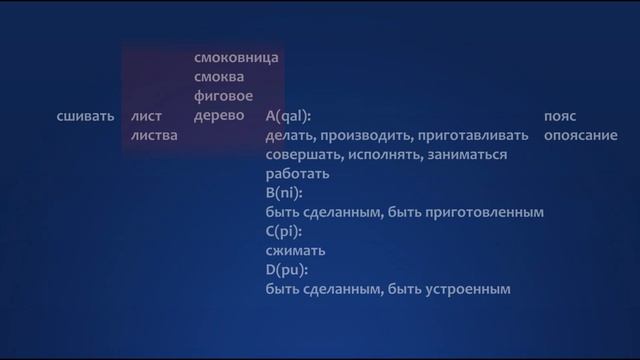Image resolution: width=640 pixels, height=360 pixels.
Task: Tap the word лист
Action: tap(146, 117)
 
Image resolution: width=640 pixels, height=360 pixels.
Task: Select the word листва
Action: tap(154, 136)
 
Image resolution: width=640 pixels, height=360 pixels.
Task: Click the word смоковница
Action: tap(237, 57)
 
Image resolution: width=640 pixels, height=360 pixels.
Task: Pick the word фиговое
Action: tap(222, 96)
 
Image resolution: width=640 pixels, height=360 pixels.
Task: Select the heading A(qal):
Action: tap(289, 117)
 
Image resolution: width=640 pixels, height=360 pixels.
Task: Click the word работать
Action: tap(299, 174)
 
